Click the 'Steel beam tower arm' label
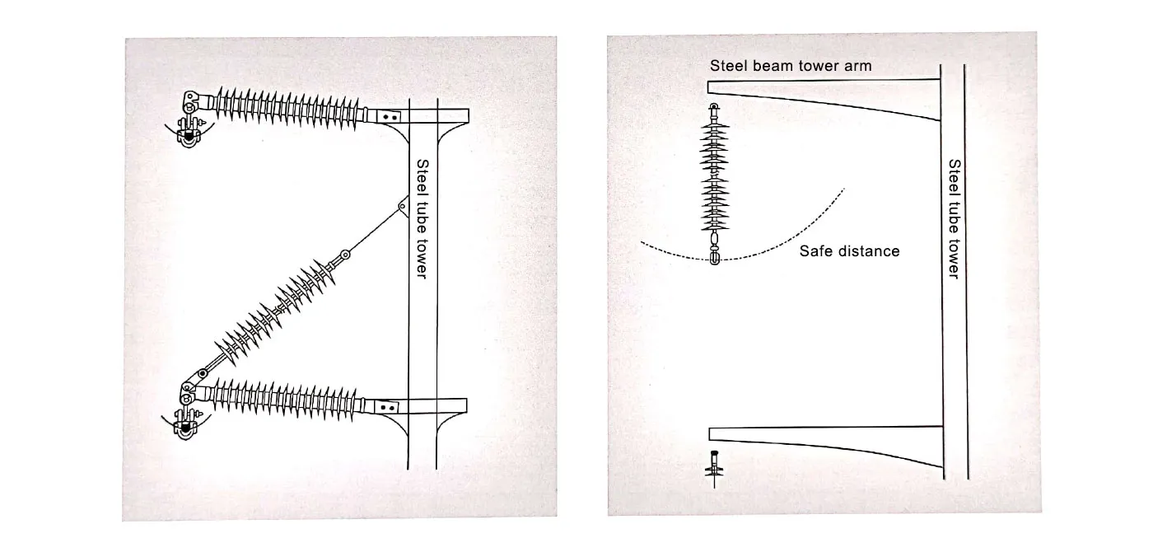tap(791, 66)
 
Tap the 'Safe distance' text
tap(849, 250)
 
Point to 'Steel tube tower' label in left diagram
tap(421, 219)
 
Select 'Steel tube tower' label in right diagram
tap(954, 219)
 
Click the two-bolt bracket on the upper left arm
tap(390, 116)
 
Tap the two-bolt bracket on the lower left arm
tap(388, 406)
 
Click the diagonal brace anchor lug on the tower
tap(403, 206)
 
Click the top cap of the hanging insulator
tap(714, 108)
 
